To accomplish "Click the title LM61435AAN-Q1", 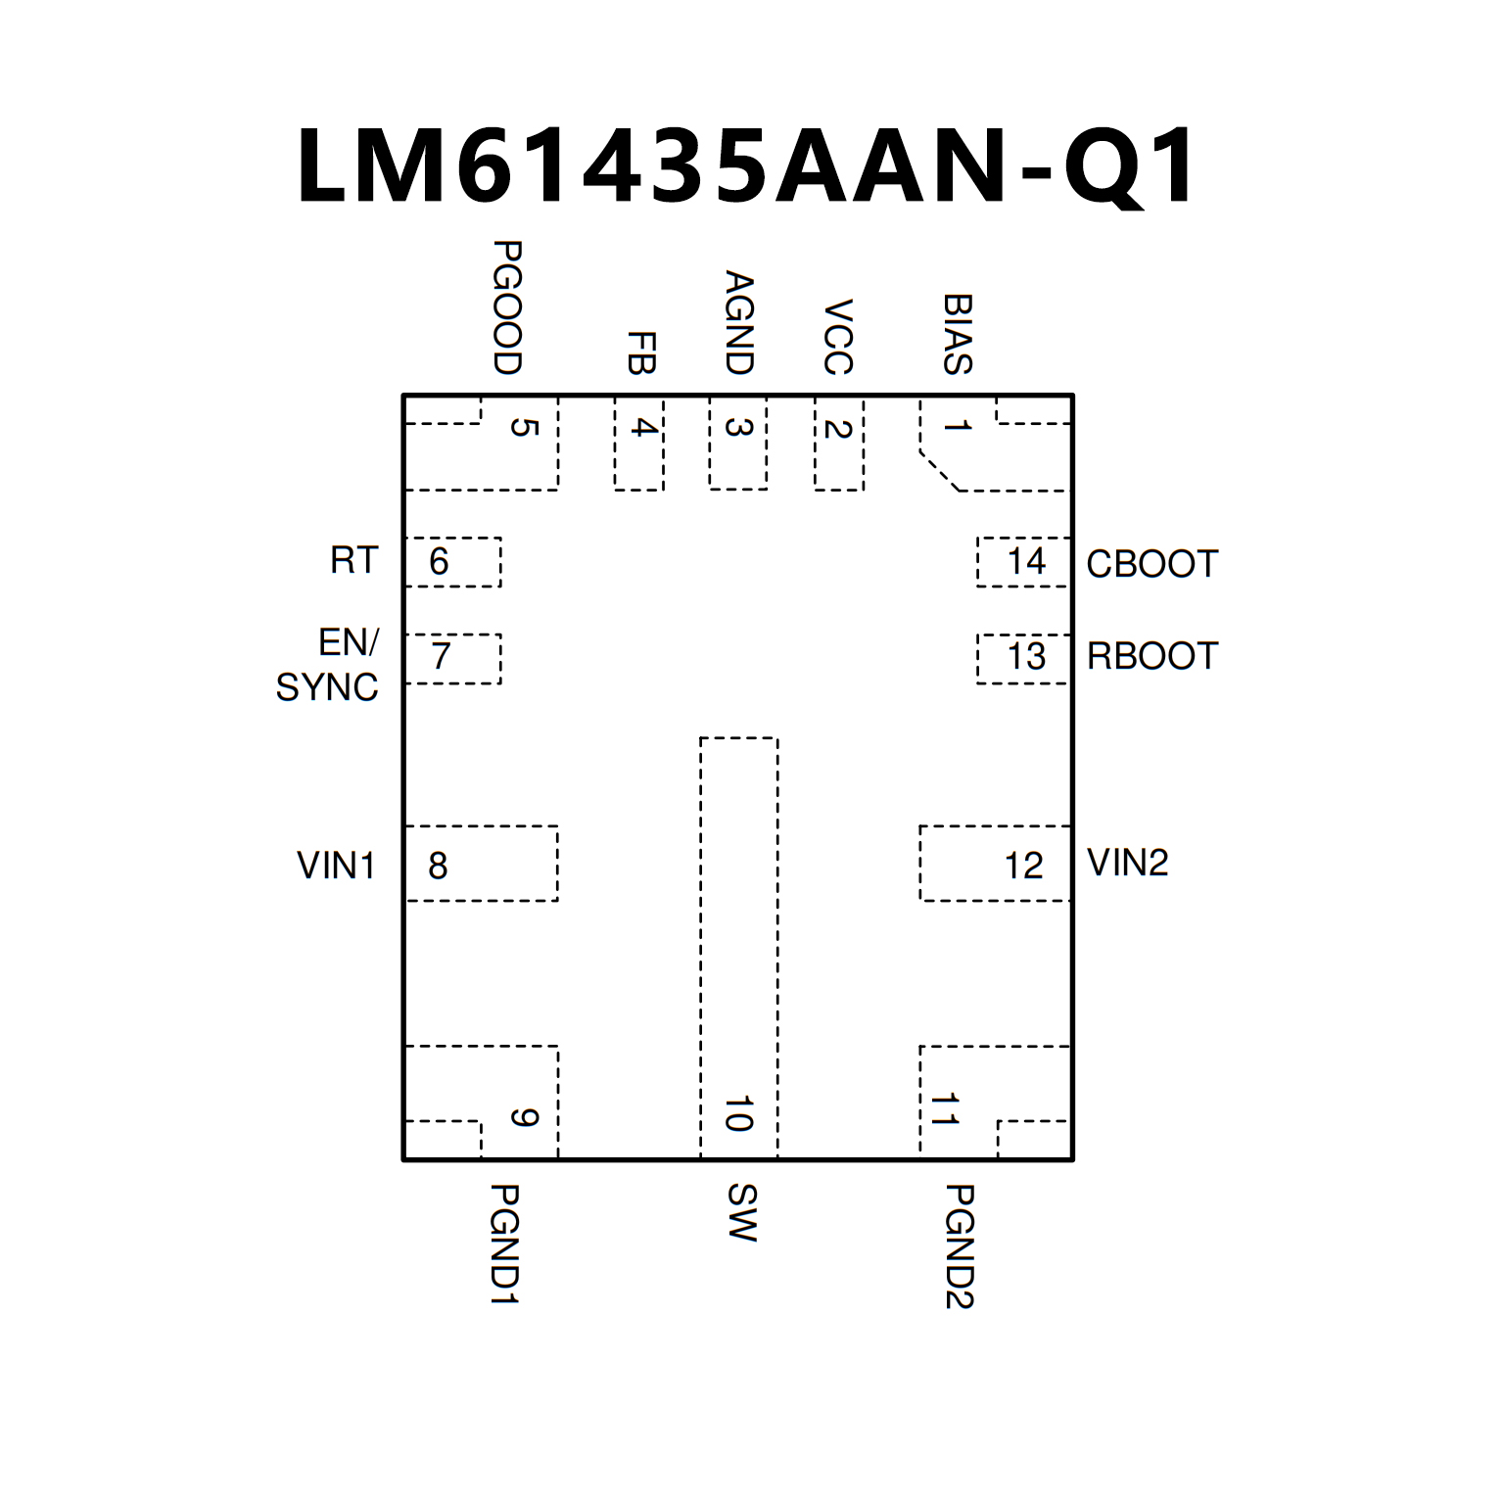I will pos(746,166).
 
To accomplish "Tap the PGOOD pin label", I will pos(506,307).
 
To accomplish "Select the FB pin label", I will pos(640,352).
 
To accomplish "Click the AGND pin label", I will pos(738,323).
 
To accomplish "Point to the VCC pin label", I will pos(838,337).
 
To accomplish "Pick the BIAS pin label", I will pos(957,334).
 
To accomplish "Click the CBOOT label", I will pos(1151,564).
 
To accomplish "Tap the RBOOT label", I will pos(1151,656).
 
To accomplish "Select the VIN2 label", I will pos(1127,863).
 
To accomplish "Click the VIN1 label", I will pos(336,866).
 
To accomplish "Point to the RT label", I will pos(353,560).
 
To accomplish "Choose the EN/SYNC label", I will pos(328,665).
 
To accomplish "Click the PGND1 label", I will pos(503,1244).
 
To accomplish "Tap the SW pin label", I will pos(741,1212).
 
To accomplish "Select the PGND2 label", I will pos(959,1245).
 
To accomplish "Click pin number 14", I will pos(1026,561).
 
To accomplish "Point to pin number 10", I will pos(738,1114).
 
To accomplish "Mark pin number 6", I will pos(439,561).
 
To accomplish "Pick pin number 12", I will pos(1023,866).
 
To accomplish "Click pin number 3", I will pos(737,428).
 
